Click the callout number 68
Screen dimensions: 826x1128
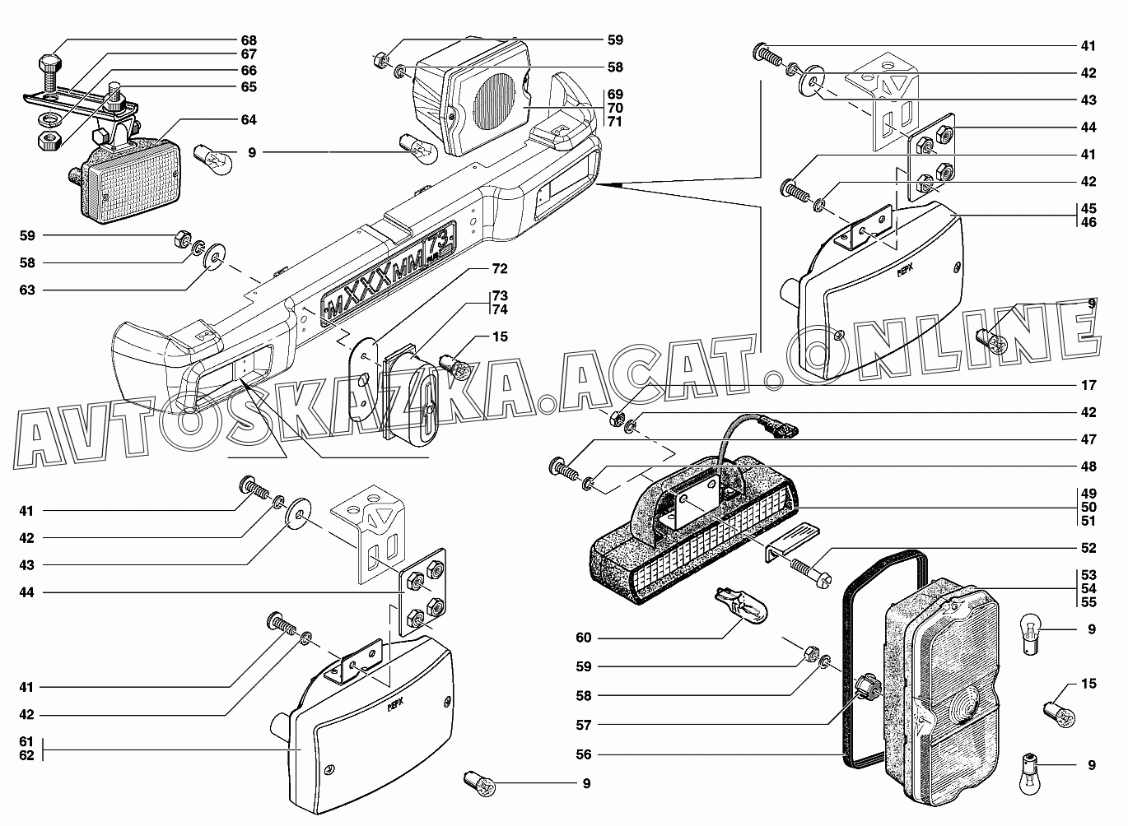tap(248, 40)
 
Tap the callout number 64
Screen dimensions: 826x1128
tap(248, 119)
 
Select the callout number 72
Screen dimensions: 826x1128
tap(500, 268)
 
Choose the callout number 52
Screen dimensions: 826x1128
tap(1088, 547)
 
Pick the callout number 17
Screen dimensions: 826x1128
tap(1088, 384)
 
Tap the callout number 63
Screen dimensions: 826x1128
tap(27, 290)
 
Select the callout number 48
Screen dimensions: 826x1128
tap(1088, 466)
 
